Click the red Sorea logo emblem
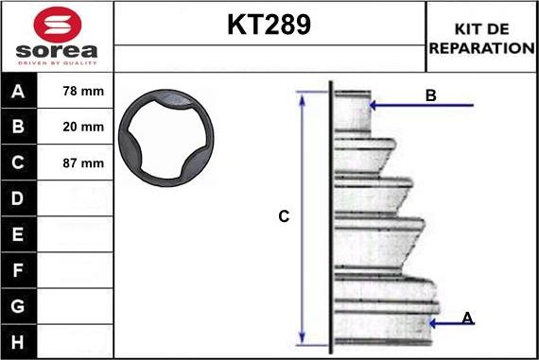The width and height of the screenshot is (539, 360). pyautogui.click(x=58, y=25)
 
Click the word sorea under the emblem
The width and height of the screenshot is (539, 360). pyautogui.click(x=57, y=51)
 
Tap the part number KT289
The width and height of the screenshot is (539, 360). pyautogui.click(x=269, y=25)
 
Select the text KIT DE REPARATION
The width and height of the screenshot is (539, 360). pyautogui.click(x=481, y=39)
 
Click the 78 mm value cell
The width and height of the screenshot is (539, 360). pyautogui.click(x=83, y=91)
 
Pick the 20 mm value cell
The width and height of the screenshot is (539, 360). pyautogui.click(x=83, y=127)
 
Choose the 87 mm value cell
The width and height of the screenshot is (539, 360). pyautogui.click(x=83, y=163)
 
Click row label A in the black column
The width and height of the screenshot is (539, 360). pyautogui.click(x=18, y=92)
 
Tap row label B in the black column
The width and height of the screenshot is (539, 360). pyautogui.click(x=18, y=127)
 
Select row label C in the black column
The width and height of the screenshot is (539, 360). pyautogui.click(x=18, y=163)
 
